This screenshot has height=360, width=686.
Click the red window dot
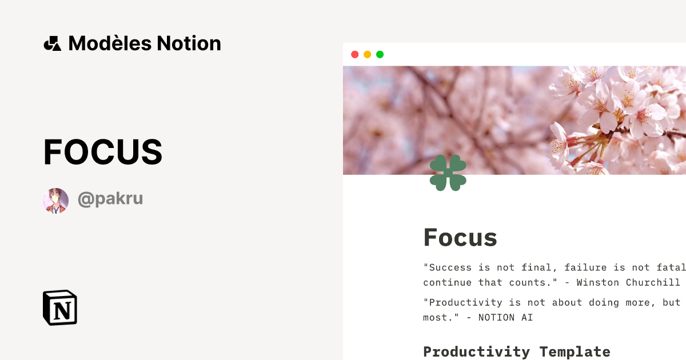pyautogui.click(x=354, y=54)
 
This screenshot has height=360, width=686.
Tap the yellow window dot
pyautogui.click(x=367, y=54)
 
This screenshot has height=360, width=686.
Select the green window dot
pyautogui.click(x=380, y=54)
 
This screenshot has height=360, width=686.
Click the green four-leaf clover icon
pyautogui.click(x=448, y=173)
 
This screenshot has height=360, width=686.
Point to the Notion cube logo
pyautogui.click(x=60, y=307)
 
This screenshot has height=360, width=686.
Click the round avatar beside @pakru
pyautogui.click(x=55, y=201)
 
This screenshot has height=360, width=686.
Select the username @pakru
pyautogui.click(x=110, y=199)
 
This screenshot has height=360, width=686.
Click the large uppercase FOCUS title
pyautogui.click(x=103, y=152)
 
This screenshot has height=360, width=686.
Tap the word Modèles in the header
pyautogui.click(x=110, y=43)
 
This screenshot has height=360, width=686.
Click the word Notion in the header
pyautogui.click(x=189, y=43)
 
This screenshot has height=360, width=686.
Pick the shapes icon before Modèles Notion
pyautogui.click(x=52, y=43)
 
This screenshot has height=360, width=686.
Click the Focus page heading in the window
pyautogui.click(x=460, y=237)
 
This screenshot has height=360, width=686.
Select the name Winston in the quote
pyautogui.click(x=598, y=282)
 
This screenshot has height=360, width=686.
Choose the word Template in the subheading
pyautogui.click(x=575, y=351)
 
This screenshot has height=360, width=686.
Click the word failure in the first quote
pyautogui.click(x=586, y=267)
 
